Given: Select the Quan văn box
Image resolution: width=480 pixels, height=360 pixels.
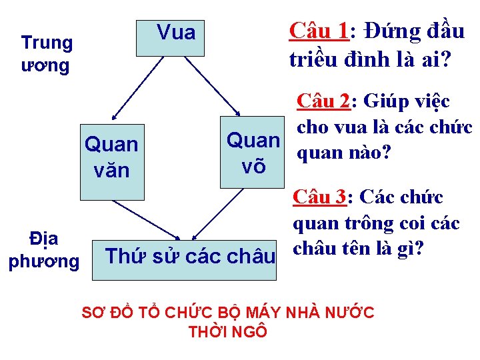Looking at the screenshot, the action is coord(112,157).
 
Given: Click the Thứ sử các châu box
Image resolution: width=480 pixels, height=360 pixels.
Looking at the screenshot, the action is coord(191,255).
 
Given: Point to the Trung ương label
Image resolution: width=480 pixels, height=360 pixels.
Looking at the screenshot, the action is coord(47,54).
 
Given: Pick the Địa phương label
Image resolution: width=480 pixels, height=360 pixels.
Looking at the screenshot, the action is coord(43,250).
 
